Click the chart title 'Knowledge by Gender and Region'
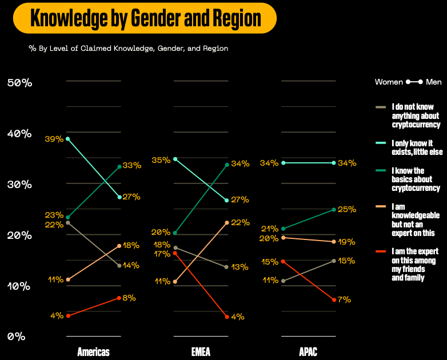tap(145, 18)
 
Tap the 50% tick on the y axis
tap(19, 83)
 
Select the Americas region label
tap(93, 351)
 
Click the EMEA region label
tap(201, 351)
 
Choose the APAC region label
tap(308, 351)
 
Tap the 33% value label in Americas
tap(132, 166)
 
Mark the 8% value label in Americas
tap(129, 298)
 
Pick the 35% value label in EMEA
tap(161, 160)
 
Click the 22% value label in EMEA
tap(240, 222)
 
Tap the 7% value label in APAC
tap(344, 299)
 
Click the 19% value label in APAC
tap(347, 242)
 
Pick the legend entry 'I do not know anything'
tap(416, 115)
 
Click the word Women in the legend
tap(389, 82)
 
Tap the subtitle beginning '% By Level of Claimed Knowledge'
tap(129, 49)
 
